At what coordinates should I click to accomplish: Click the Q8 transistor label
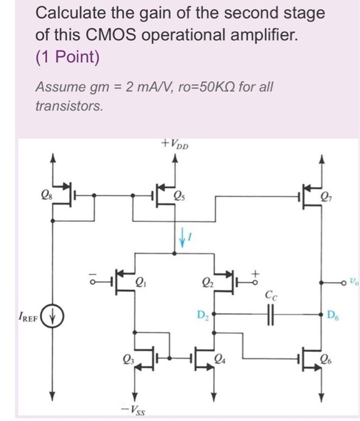45,194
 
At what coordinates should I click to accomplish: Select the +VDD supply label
176,144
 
